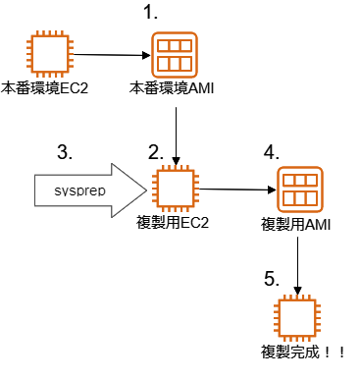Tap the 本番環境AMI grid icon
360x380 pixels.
click(x=174, y=54)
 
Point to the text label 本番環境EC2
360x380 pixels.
click(x=46, y=88)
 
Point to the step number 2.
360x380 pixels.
click(x=155, y=152)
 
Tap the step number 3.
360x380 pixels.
click(x=64, y=152)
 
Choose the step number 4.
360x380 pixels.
click(x=272, y=154)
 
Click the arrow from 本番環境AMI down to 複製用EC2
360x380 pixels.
click(x=175, y=131)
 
